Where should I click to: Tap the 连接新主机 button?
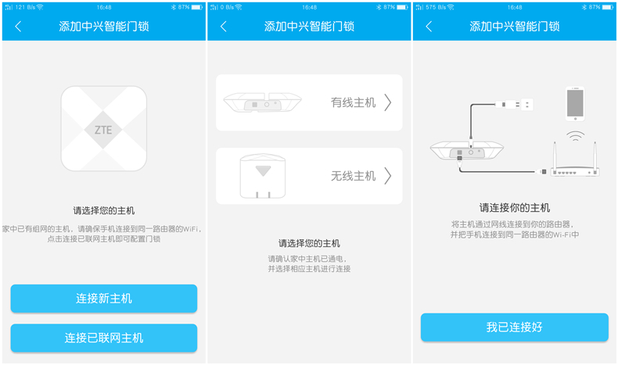(104, 299)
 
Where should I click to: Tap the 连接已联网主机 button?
(104, 338)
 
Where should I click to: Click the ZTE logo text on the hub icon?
(103, 130)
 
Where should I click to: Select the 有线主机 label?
(353, 102)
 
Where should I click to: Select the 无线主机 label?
(353, 176)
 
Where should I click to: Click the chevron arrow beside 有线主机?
(388, 102)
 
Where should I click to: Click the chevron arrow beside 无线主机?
(388, 176)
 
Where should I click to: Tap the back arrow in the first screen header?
(18, 27)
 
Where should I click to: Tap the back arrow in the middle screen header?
(224, 27)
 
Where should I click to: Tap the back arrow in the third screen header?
(429, 27)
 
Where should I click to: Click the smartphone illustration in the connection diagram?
(575, 104)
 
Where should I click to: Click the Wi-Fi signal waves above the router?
(576, 136)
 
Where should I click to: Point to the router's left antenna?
(555, 156)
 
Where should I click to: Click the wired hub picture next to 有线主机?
(263, 102)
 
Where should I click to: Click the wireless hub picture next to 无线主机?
(263, 176)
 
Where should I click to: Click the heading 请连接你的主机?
(514, 207)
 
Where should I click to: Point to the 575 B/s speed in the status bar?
(436, 7)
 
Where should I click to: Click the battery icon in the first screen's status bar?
(196, 7)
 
